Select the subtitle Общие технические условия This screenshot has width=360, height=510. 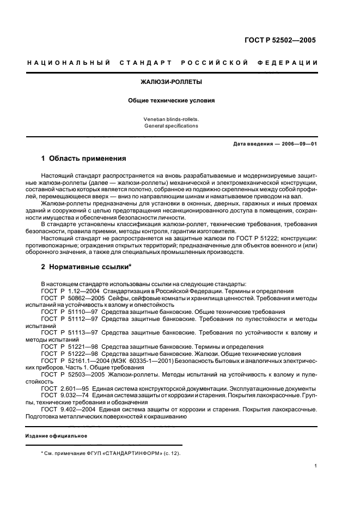point(171,100)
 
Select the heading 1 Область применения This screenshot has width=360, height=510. point(83,159)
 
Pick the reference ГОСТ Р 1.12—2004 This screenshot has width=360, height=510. point(64,291)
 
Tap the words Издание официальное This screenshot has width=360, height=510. point(56,436)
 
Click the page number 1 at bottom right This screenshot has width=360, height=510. point(316,466)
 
